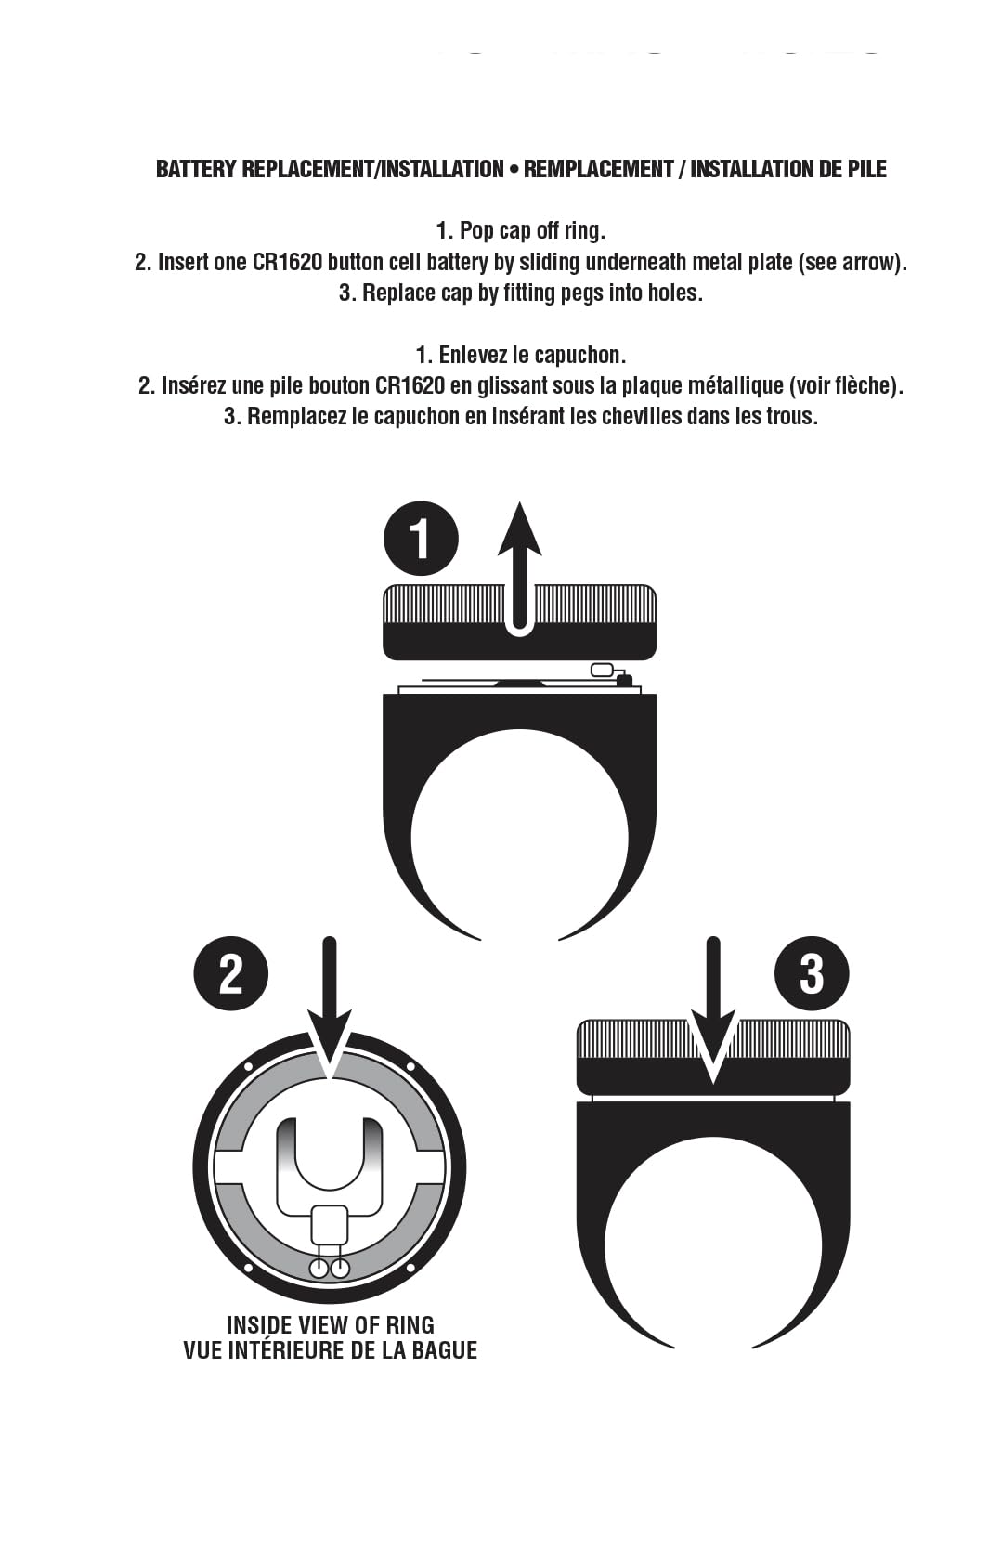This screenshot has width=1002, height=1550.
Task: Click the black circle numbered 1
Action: [421, 539]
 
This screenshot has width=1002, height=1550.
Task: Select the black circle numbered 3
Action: [811, 973]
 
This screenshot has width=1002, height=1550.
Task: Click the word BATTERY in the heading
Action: [196, 169]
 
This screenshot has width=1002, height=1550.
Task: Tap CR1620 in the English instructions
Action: [287, 262]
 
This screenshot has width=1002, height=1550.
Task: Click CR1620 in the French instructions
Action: [410, 385]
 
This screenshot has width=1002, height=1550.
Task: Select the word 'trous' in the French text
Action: [791, 416]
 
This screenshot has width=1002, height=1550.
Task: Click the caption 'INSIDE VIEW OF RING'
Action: [330, 1325]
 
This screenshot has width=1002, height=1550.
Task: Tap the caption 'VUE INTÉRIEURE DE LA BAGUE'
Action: [330, 1350]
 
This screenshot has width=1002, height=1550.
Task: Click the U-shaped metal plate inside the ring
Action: [330, 1161]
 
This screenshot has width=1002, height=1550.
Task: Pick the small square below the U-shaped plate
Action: [329, 1224]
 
